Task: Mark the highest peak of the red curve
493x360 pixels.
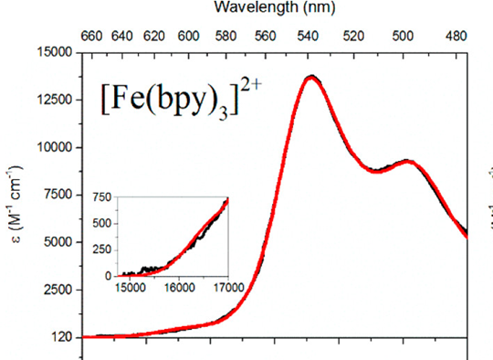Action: pyautogui.click(x=311, y=78)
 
